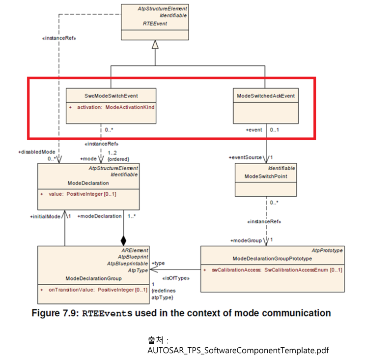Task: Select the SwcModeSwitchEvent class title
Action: point(111,95)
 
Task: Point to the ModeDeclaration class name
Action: point(88,182)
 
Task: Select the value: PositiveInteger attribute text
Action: point(82,194)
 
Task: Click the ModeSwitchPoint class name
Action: point(265,176)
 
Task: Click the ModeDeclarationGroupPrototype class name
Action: point(272,258)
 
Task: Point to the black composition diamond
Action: point(124,240)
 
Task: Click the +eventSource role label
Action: point(246,157)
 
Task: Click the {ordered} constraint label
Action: point(118,159)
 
